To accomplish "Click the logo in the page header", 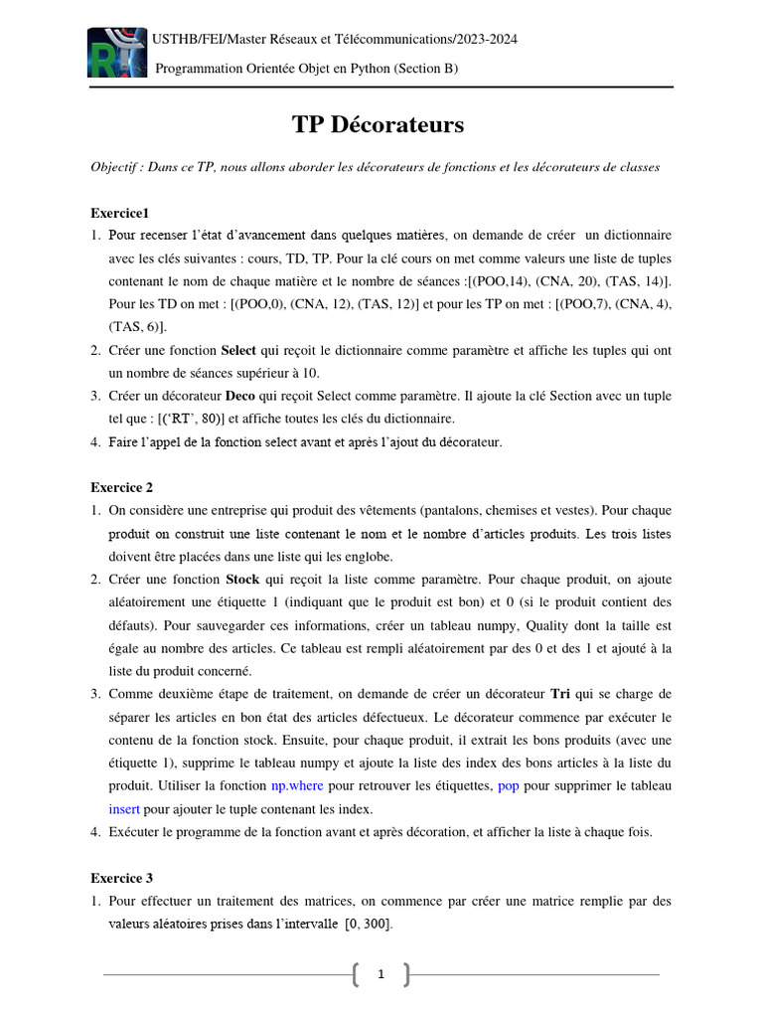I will click(115, 54).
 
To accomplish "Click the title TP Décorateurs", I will click(378, 124).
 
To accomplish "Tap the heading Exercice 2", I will click(121, 487).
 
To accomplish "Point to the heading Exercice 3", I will click(121, 878).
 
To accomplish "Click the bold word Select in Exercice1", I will click(238, 350).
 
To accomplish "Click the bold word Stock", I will click(242, 579).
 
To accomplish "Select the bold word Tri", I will click(560, 693).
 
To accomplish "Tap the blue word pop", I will click(509, 785).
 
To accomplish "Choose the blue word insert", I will click(124, 808).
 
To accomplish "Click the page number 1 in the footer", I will click(381, 975).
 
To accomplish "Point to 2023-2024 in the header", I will click(487, 39).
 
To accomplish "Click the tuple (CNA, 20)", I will click(564, 281).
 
